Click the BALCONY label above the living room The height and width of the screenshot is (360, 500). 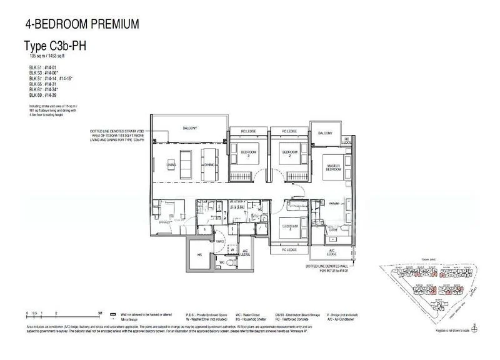point(189,128)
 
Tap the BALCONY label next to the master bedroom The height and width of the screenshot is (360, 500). point(326,133)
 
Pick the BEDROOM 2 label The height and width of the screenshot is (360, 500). point(289,153)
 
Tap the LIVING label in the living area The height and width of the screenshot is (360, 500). point(171,165)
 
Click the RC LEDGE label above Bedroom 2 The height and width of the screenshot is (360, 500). point(289,132)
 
